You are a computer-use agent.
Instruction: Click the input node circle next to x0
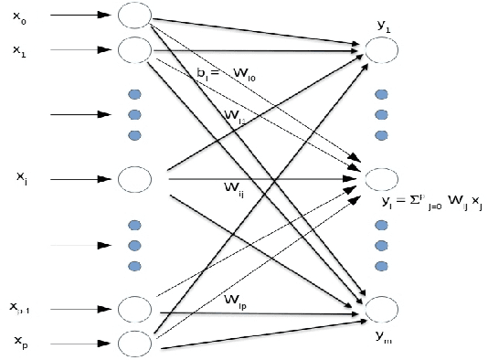click(135, 16)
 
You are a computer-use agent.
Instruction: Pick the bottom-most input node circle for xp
click(135, 343)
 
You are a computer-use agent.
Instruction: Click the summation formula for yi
click(430, 203)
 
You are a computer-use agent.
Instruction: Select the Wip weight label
click(239, 300)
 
